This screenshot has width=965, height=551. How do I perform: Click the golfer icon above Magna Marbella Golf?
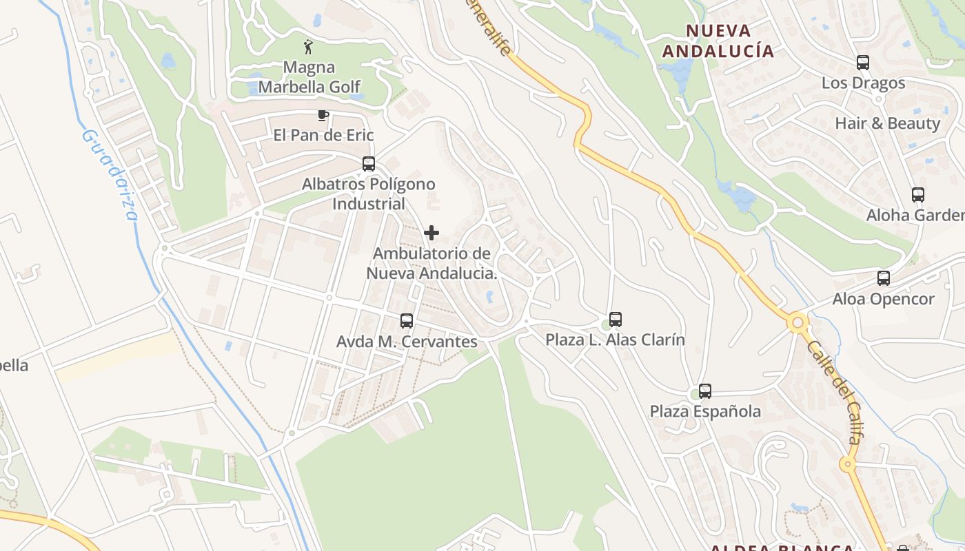point(309,47)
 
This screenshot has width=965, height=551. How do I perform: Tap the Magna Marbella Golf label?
point(309,77)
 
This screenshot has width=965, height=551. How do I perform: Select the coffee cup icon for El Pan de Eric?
point(323,115)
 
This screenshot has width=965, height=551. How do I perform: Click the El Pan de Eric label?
point(323,135)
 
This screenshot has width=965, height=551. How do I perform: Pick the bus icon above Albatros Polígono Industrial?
point(369,164)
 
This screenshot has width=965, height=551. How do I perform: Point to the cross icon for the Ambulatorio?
point(431,233)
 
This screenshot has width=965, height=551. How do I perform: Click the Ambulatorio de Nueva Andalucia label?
point(431,263)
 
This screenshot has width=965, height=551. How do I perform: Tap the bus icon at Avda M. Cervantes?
point(407,321)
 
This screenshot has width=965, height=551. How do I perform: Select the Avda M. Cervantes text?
point(407,342)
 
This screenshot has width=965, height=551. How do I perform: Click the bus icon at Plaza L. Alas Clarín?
point(616,320)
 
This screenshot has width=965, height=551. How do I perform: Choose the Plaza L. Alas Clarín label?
point(616,340)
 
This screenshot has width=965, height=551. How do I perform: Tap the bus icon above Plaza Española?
point(704,391)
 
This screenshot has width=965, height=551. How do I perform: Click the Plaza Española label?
point(705,411)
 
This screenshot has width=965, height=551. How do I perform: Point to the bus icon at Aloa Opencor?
point(884,278)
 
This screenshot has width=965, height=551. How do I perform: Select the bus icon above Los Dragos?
point(863,63)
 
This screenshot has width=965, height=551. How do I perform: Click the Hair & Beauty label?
point(888,123)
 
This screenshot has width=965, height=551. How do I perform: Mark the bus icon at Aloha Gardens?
point(918,195)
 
